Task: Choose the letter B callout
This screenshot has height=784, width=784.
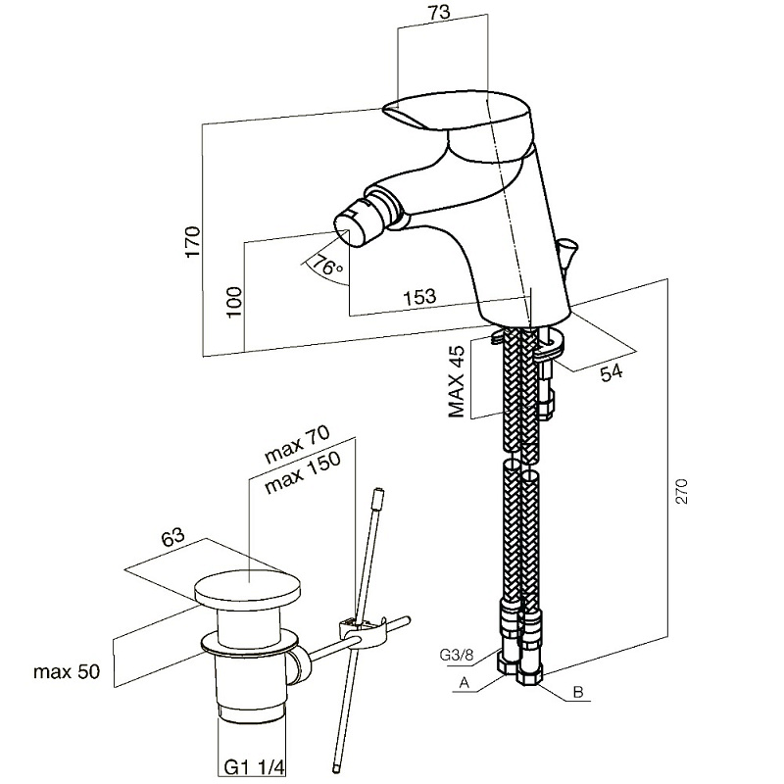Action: pyautogui.click(x=578, y=693)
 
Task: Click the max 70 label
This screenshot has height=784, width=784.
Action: pyautogui.click(x=296, y=443)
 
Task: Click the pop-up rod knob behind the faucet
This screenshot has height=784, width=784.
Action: pyautogui.click(x=566, y=257)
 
